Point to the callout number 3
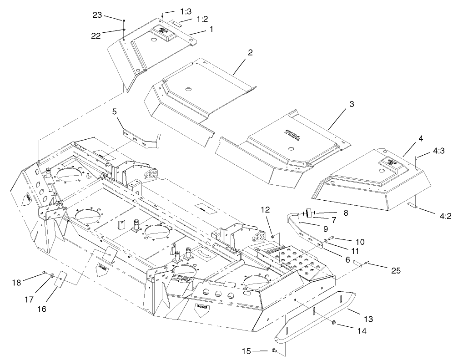[x=352, y=104]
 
